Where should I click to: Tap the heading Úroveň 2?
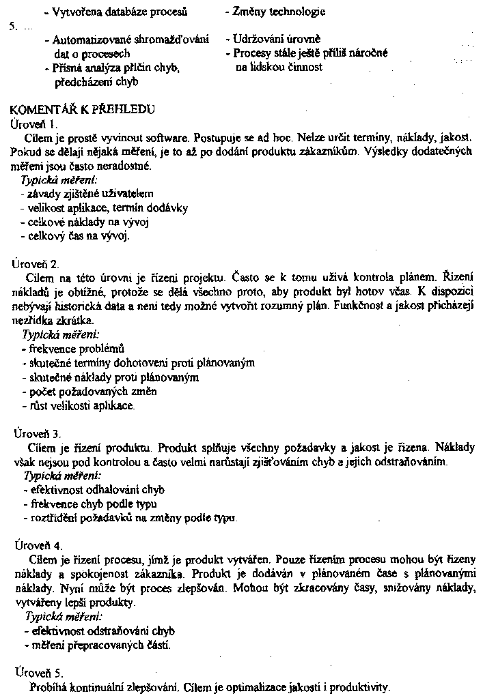click(37, 263)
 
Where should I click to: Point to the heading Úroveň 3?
click(38, 433)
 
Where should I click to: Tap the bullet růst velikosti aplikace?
click(78, 405)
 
